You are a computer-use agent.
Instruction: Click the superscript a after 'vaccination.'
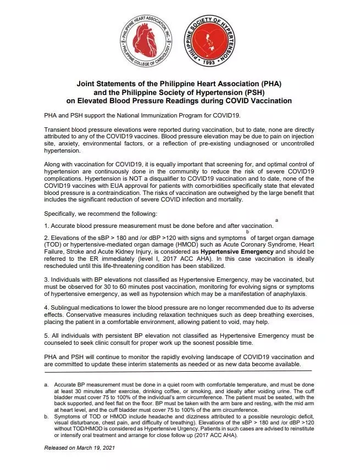click(276, 220)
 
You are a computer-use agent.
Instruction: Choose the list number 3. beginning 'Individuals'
click(47, 279)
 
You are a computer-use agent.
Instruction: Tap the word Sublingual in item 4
click(68, 306)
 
